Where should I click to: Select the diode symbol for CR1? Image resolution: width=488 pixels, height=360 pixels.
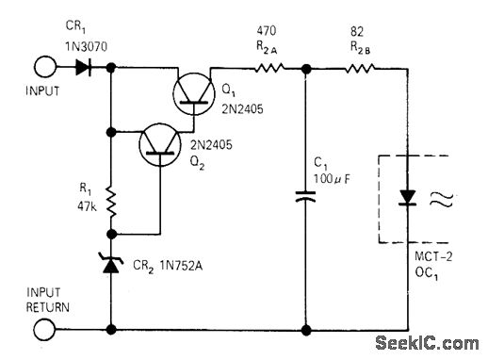(82, 68)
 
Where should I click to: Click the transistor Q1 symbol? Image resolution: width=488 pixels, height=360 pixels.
(195, 92)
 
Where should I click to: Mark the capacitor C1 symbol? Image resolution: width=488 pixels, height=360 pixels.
(305, 198)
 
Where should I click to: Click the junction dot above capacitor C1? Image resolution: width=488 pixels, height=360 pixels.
(305, 68)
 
